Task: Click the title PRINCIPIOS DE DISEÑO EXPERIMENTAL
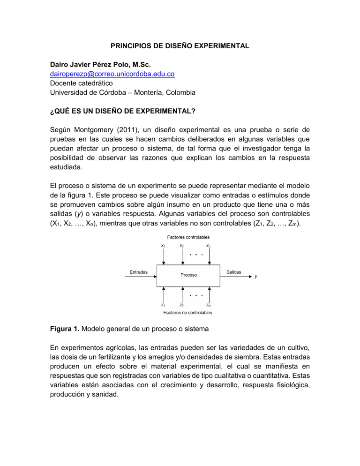[180, 46]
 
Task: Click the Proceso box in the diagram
[189, 275]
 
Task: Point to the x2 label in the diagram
[181, 245]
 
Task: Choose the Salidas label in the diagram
[235, 271]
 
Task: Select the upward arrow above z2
[181, 294]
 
